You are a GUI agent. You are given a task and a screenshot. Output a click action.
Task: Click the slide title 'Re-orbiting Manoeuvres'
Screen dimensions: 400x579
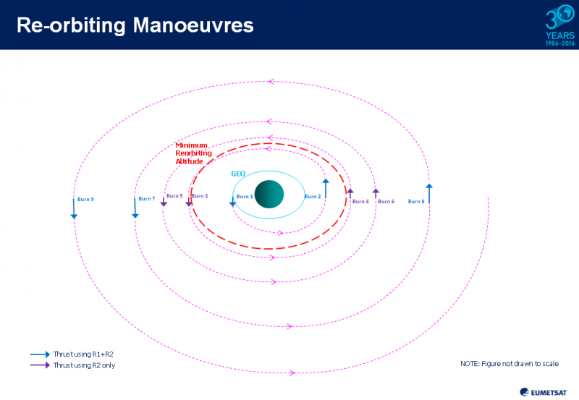(135, 25)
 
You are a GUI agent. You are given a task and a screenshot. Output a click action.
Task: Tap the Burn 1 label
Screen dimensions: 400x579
(245, 197)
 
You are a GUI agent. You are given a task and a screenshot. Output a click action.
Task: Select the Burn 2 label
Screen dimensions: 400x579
(313, 197)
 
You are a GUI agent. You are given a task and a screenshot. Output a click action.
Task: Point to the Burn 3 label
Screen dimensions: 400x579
(200, 196)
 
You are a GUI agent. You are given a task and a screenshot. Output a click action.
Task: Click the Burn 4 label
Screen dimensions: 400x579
(360, 202)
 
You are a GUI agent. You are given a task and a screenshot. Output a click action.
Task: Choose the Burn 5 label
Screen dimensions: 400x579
(174, 196)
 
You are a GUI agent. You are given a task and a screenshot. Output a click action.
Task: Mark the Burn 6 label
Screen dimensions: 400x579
(386, 202)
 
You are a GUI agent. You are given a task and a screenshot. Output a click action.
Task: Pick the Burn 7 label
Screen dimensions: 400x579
(147, 199)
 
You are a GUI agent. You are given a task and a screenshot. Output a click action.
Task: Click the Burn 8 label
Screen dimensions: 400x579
(416, 202)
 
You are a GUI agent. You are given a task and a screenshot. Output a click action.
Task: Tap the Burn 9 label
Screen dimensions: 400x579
(85, 199)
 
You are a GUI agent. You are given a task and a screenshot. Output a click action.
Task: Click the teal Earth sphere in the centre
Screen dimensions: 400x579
(269, 194)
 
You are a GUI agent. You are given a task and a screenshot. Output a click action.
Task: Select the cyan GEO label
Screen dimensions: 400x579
(239, 174)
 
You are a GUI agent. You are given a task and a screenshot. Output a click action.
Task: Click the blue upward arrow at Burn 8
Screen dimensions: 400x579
(429, 195)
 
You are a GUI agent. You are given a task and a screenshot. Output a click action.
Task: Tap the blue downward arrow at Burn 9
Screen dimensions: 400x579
(74, 208)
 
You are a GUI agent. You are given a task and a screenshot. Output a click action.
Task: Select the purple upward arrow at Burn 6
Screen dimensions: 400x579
(376, 193)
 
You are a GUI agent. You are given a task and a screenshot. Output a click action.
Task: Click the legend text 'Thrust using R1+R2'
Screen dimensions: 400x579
(83, 354)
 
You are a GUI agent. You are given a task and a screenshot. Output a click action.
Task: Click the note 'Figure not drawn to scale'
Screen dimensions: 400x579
(510, 363)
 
